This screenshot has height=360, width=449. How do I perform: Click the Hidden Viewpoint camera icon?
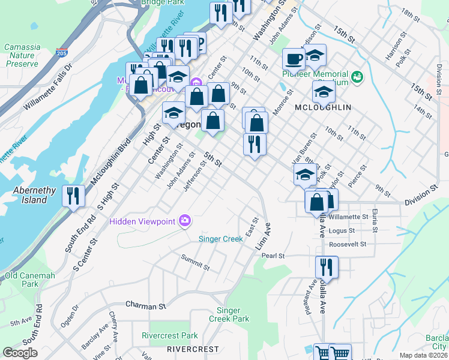click(184, 221)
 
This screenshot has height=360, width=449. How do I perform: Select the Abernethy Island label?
click(34, 195)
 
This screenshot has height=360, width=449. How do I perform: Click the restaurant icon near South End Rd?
click(74, 197)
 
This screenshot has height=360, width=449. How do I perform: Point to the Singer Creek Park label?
click(232, 314)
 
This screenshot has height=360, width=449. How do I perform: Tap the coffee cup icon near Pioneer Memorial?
click(294, 59)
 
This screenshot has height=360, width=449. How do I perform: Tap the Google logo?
click(20, 353)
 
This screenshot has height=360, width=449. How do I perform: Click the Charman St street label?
click(145, 306)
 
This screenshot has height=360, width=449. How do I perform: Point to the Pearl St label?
click(273, 256)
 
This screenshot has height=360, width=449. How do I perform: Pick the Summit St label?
click(196, 262)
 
